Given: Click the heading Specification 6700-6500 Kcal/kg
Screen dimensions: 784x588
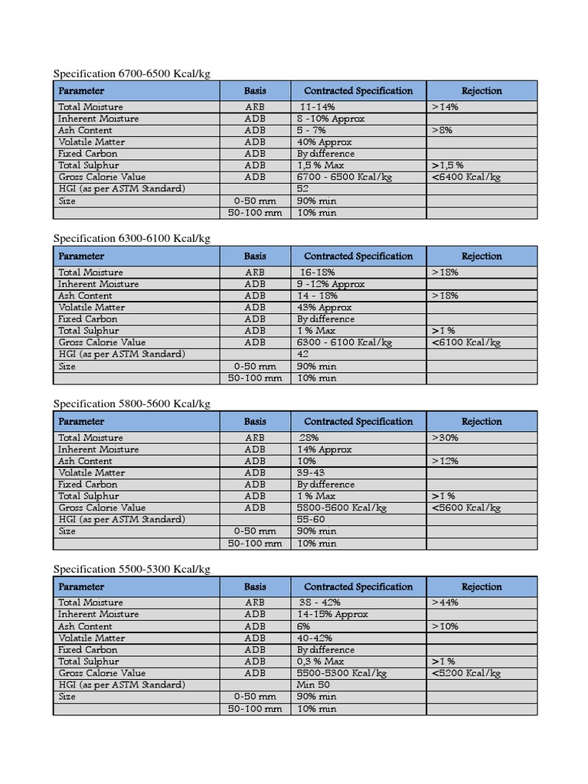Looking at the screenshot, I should click(x=131, y=73).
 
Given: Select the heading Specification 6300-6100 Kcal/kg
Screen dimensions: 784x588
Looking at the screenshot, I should click(x=131, y=239).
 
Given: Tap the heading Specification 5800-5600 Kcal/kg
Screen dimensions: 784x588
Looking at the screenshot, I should click(x=131, y=404).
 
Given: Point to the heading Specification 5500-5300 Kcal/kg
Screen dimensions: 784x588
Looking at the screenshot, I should click(x=131, y=570).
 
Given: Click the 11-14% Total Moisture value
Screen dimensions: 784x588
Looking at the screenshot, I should click(x=317, y=107).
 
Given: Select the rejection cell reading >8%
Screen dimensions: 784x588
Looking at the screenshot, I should click(x=442, y=130).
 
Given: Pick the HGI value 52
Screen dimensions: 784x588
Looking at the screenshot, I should click(x=303, y=188).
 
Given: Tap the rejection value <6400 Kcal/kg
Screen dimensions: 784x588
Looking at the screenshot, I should click(x=465, y=177).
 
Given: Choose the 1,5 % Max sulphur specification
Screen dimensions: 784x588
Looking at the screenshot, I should click(x=321, y=165).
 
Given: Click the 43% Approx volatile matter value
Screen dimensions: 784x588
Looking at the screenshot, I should click(x=325, y=307).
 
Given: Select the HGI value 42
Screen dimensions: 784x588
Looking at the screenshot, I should click(x=303, y=354).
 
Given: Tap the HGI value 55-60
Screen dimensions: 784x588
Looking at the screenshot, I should click(x=311, y=519).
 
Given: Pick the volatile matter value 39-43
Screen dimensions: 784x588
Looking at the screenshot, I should click(x=311, y=472).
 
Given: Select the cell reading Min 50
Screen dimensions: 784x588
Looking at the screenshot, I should click(x=313, y=684).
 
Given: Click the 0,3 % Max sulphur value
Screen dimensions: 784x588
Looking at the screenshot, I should click(x=321, y=661).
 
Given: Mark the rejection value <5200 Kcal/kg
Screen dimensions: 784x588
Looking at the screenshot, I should click(x=465, y=673).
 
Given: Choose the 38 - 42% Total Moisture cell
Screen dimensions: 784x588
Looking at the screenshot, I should click(x=319, y=603).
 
